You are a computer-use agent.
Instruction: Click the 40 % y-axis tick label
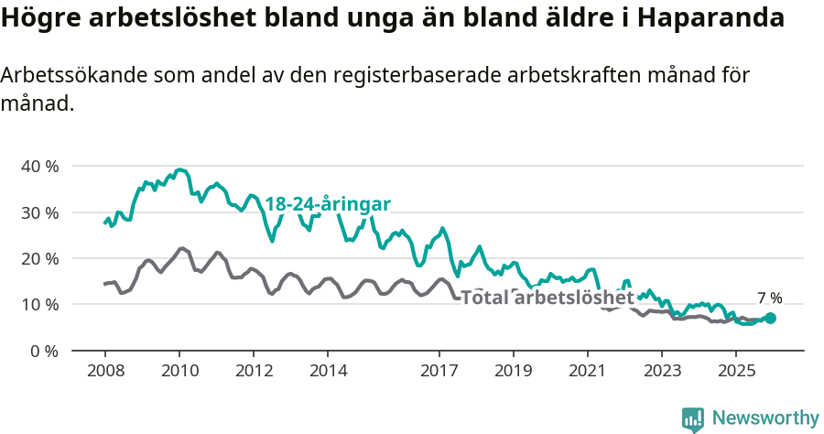click(39, 167)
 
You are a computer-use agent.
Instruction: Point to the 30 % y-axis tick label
click(39, 212)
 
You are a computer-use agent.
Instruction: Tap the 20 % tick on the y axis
click(39, 258)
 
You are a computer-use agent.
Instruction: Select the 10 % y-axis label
click(39, 304)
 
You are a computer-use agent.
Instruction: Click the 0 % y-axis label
click(44, 351)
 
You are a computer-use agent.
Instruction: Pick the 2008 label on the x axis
click(104, 371)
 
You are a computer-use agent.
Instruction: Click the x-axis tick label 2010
click(179, 371)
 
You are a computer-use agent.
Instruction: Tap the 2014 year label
click(328, 371)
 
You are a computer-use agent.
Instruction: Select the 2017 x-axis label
click(439, 371)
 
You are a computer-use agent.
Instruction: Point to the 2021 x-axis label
click(587, 371)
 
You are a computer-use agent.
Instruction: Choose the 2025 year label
click(736, 371)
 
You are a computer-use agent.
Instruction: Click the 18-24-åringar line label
click(328, 203)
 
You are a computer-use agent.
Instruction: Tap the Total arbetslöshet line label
click(547, 298)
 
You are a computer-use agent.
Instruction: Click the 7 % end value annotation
click(770, 298)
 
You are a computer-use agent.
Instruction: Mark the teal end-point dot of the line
click(770, 318)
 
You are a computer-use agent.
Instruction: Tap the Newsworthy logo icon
click(693, 419)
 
